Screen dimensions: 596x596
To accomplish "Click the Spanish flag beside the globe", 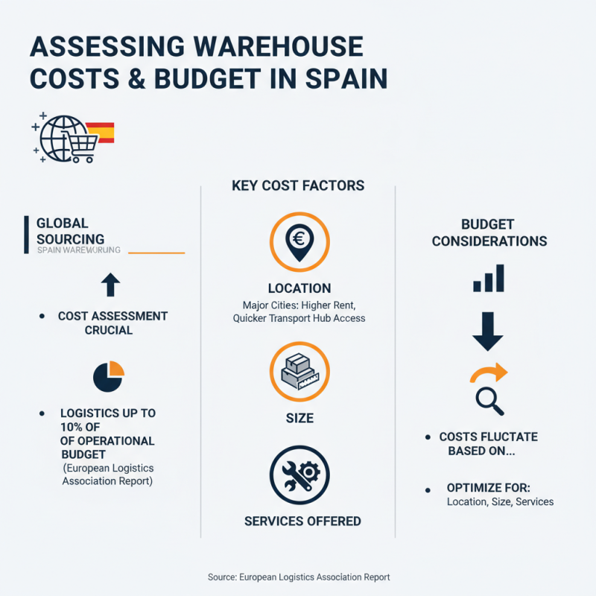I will point(101,133).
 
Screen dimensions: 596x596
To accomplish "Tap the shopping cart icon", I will point(80,145).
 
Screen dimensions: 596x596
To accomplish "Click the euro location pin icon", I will point(298,240).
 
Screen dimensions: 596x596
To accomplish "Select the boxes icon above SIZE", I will point(298,371).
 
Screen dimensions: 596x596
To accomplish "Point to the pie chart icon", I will point(109,375).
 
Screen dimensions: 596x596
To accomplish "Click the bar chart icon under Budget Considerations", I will point(489,278).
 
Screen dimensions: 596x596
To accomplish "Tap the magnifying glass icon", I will point(489,401).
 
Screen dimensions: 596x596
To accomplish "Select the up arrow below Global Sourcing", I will point(110,284).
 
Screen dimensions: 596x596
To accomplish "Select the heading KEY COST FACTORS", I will point(298,186).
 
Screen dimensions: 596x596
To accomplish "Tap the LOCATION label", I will point(299,288).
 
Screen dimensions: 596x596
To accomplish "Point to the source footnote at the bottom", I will point(298,577).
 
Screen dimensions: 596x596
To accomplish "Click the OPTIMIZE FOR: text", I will point(488,487).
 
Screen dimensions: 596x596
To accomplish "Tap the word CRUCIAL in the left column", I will point(109,329).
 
